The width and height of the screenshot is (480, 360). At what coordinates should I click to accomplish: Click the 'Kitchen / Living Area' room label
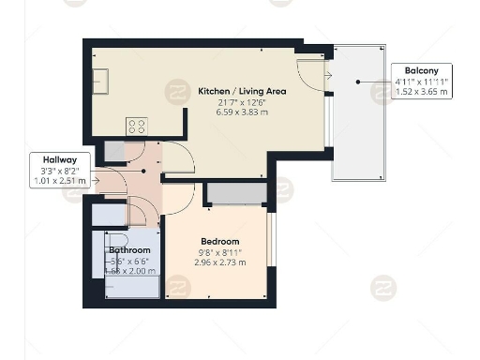click(x=242, y=91)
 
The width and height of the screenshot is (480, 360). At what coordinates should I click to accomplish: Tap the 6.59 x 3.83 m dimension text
click(x=242, y=112)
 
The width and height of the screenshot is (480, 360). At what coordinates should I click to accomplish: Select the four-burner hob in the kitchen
click(x=137, y=125)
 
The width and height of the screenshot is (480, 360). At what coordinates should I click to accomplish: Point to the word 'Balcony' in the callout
click(x=421, y=70)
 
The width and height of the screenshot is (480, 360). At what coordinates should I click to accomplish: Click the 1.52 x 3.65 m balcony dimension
click(x=421, y=93)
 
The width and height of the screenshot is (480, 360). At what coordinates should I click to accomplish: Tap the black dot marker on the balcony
click(x=358, y=82)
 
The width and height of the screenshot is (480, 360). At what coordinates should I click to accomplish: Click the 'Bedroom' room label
click(x=219, y=242)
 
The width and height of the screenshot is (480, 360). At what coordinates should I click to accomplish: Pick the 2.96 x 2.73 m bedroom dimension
click(x=219, y=262)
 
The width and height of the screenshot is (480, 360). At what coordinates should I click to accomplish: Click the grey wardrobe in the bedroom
click(x=234, y=193)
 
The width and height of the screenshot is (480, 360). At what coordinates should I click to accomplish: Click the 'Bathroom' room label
click(x=130, y=250)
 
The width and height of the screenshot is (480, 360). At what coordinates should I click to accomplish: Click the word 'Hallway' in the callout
click(x=46, y=159)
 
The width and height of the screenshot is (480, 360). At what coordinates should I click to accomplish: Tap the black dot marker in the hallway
click(x=142, y=172)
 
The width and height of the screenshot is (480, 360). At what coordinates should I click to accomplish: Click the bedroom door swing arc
click(x=180, y=199)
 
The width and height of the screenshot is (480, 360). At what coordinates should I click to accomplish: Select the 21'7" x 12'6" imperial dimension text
click(x=242, y=101)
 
